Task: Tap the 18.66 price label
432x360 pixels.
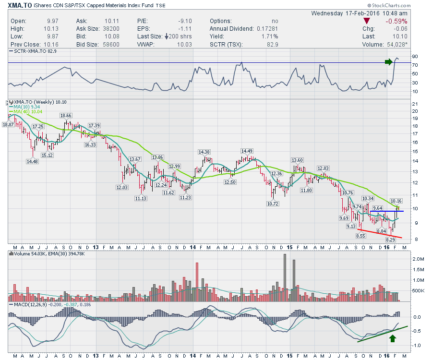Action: coord(66,116)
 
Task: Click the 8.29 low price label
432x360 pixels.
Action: coord(391,239)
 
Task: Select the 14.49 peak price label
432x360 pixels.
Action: coord(247,151)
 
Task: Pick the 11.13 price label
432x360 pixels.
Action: coord(141,198)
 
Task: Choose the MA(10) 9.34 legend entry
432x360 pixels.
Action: coord(29,107)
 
